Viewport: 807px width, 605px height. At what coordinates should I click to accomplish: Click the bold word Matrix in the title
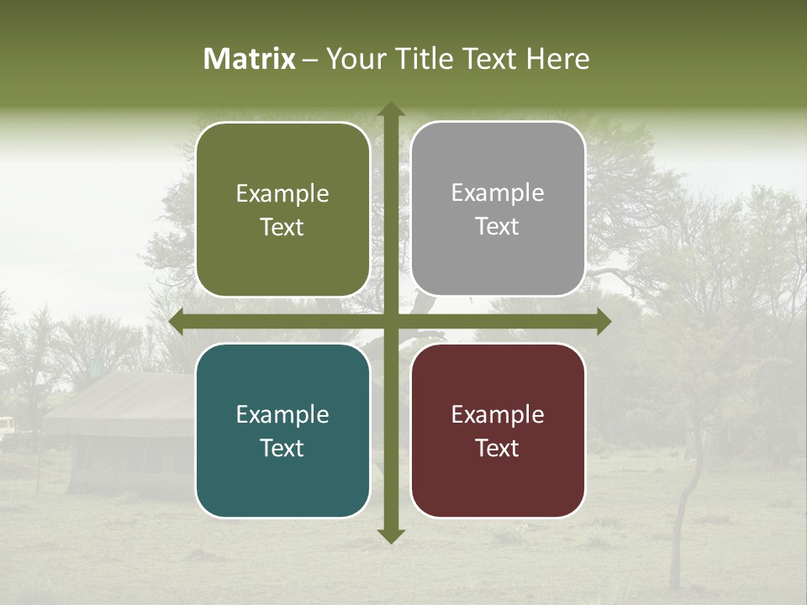click(x=250, y=59)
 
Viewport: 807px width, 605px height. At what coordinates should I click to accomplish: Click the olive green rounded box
click(x=282, y=209)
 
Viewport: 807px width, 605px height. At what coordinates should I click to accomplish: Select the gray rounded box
click(x=498, y=209)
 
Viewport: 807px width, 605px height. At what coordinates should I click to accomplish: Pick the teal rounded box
click(x=282, y=430)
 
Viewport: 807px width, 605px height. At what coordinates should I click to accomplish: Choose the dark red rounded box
click(x=498, y=430)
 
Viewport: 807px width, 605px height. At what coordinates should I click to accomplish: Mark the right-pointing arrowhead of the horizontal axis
click(x=603, y=322)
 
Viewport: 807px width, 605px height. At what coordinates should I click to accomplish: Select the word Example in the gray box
click(x=498, y=193)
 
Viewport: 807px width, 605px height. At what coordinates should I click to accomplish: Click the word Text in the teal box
click(x=282, y=448)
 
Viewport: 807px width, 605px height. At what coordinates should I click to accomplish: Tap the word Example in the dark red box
click(x=498, y=414)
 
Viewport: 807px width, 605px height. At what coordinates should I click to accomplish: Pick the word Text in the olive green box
click(x=282, y=227)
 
